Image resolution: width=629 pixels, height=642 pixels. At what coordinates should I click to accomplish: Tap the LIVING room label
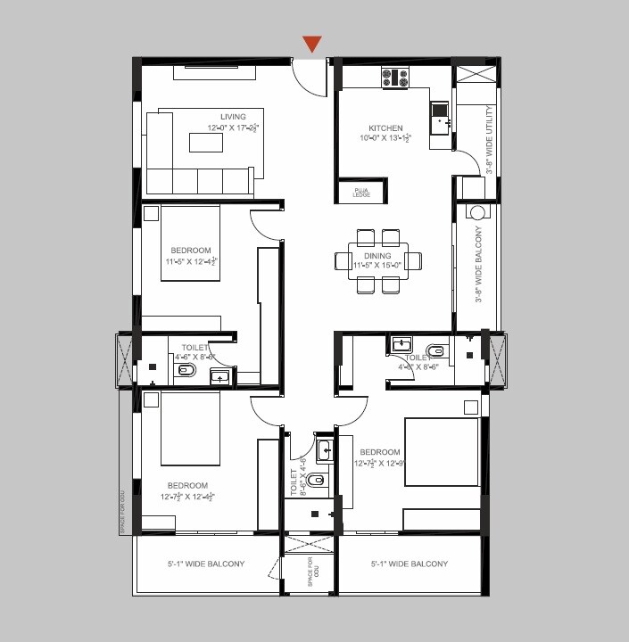coord(233,117)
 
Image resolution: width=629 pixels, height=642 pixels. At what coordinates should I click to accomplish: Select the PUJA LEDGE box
coord(360,191)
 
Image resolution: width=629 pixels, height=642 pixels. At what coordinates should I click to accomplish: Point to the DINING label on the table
coord(377,256)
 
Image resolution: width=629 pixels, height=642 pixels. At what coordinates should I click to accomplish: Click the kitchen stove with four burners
coord(396,78)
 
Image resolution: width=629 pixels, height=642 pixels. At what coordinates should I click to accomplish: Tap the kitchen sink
coord(439,112)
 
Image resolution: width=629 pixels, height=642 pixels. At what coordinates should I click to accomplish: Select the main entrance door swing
coord(311,78)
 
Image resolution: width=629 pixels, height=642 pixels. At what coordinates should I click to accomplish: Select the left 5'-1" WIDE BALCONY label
coord(205,564)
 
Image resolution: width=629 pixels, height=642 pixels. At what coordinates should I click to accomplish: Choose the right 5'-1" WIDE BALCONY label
coord(409,564)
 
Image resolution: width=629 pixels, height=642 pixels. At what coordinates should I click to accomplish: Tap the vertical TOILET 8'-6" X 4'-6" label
coord(294,475)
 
